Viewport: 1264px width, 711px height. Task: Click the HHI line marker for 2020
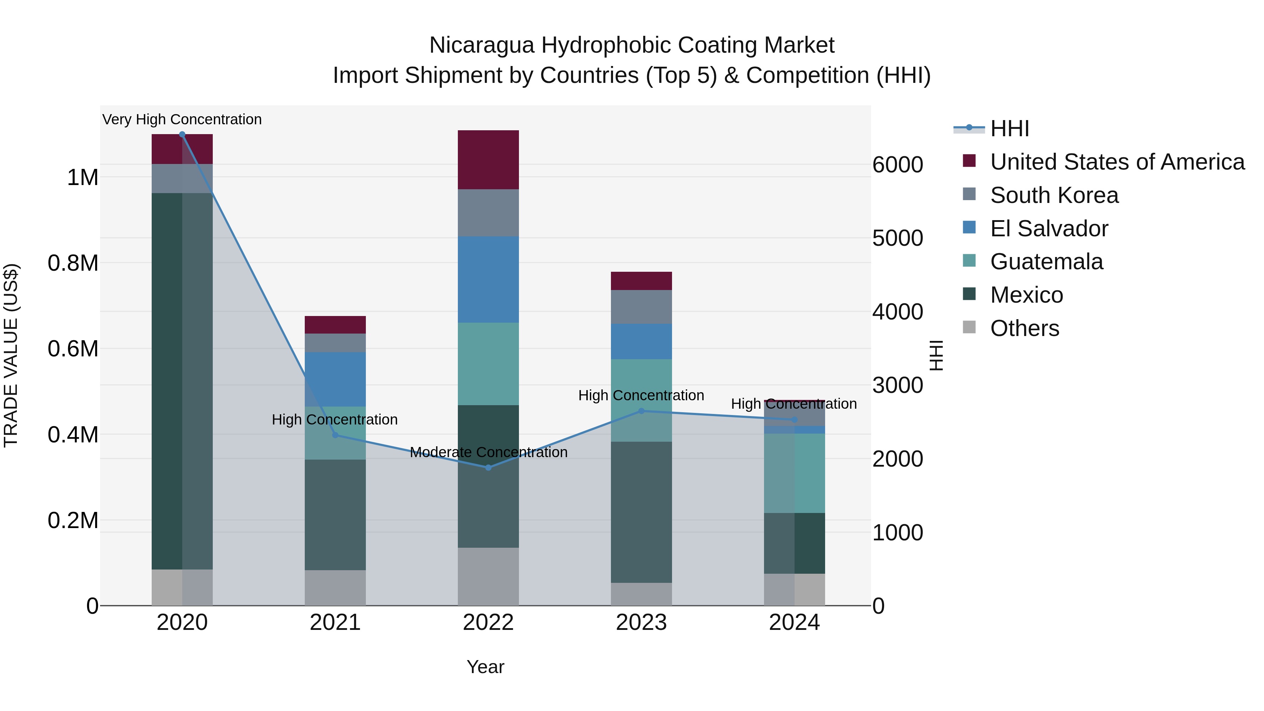pos(182,134)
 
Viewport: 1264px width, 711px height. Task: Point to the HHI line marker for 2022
pos(488,468)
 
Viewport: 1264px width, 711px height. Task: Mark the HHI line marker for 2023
pos(641,411)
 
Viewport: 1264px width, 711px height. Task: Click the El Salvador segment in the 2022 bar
pos(488,280)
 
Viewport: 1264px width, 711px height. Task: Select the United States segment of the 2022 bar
pos(488,159)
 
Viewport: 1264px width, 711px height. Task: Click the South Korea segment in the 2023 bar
pos(641,307)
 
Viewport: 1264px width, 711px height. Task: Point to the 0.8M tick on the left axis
pos(73,263)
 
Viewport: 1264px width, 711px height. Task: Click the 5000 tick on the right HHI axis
pos(897,238)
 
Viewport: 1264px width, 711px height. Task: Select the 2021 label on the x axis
pos(335,623)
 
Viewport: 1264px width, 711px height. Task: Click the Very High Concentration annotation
pos(182,119)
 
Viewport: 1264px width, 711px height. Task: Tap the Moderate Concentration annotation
pos(488,452)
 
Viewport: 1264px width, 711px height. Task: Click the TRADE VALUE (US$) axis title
pos(11,355)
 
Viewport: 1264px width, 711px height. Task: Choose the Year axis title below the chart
pos(485,667)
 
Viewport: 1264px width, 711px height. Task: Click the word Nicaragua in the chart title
pos(481,45)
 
